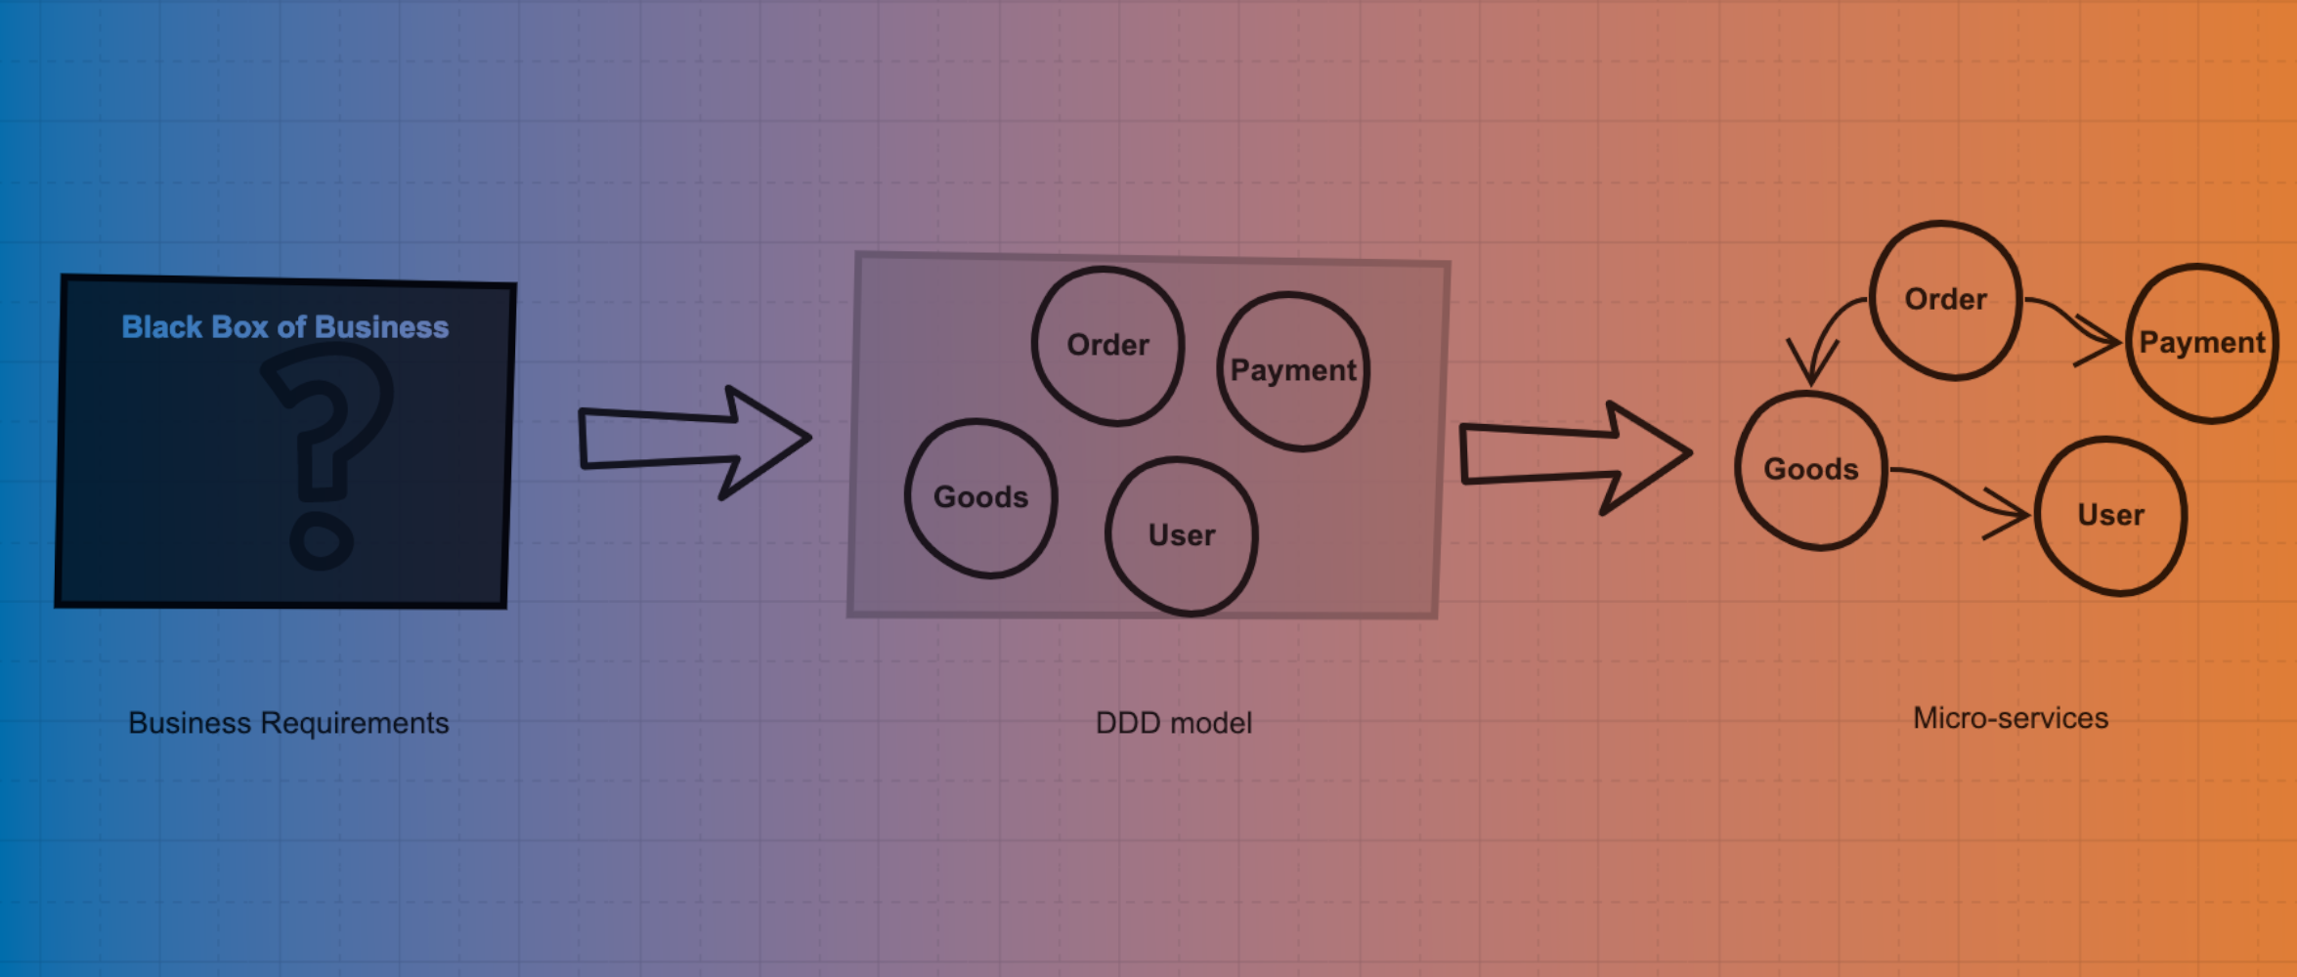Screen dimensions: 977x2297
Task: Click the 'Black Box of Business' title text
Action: (284, 327)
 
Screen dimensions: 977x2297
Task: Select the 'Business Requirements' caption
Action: (288, 723)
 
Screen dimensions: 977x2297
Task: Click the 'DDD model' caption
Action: (1173, 723)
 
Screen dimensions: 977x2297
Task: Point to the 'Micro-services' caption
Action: (2011, 718)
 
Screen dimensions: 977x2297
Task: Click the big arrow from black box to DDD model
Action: (694, 441)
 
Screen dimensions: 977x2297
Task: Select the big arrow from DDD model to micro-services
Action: (1574, 455)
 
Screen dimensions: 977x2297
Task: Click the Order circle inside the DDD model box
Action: (1107, 346)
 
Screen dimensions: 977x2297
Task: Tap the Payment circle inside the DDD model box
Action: (1292, 371)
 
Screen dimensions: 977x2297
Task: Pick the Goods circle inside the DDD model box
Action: (980, 498)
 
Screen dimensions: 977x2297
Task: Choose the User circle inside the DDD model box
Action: (1181, 536)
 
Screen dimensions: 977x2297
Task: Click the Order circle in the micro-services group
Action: (1945, 300)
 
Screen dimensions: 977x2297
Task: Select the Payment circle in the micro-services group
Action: (2201, 343)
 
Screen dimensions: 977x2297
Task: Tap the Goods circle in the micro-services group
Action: (1810, 470)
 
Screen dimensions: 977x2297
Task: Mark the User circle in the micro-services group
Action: (2110, 516)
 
